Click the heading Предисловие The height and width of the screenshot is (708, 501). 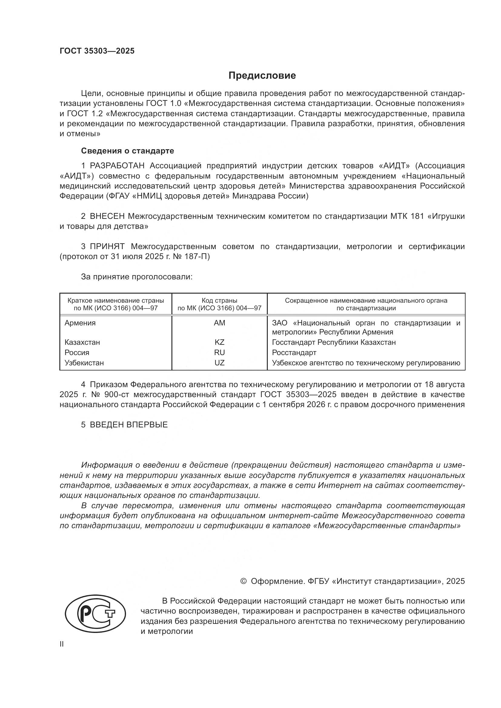(x=262, y=76)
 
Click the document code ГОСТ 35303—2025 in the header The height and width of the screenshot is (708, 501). (x=97, y=51)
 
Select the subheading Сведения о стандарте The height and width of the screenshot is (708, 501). (x=128, y=151)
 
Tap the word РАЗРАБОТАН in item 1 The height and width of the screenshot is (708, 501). (x=117, y=166)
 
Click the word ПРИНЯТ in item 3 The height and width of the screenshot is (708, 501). (x=107, y=246)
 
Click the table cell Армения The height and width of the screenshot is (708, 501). (x=80, y=323)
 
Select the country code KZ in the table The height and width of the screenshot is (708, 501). (x=219, y=342)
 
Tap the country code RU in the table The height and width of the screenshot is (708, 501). (x=219, y=352)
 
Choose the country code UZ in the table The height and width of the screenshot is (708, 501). (x=219, y=363)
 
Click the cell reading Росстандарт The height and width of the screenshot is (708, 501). (x=294, y=352)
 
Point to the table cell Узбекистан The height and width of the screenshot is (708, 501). (x=84, y=363)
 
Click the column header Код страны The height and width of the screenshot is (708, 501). (x=219, y=300)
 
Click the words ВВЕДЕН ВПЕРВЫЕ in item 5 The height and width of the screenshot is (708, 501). (x=129, y=425)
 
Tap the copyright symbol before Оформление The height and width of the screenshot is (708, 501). (x=243, y=581)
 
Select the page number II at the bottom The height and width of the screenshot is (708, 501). (x=62, y=644)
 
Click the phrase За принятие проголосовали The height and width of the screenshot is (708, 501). (x=137, y=277)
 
